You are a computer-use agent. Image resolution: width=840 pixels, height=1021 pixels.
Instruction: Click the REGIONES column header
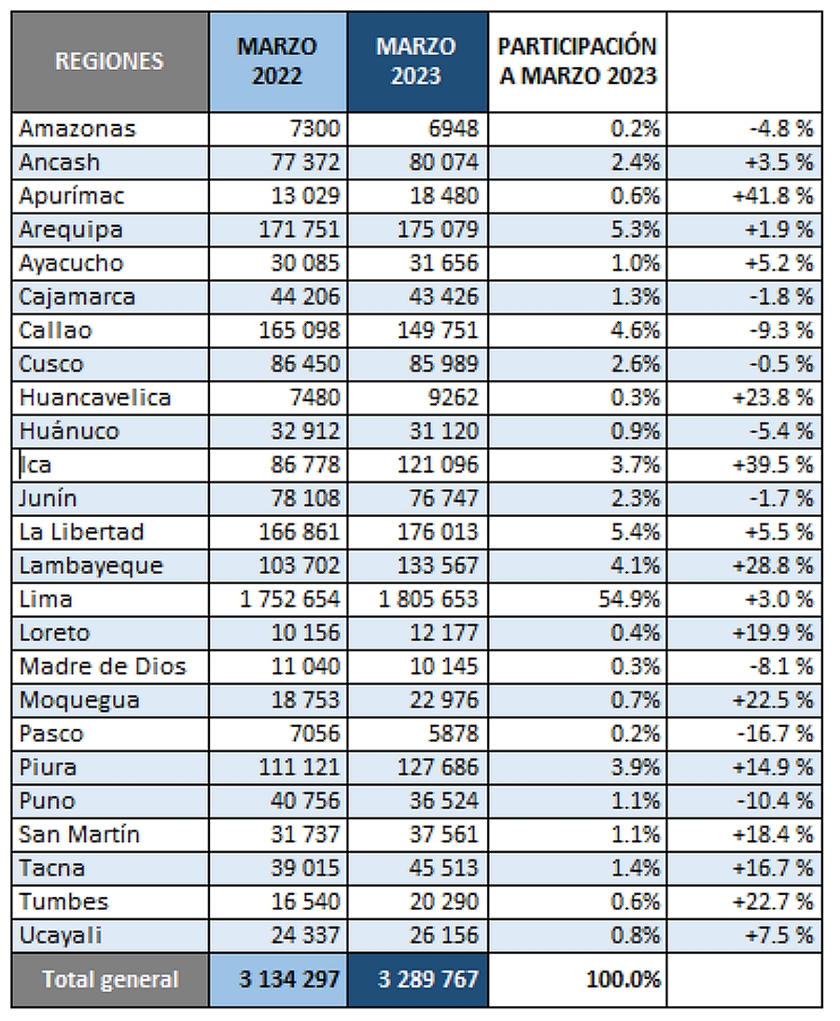tap(109, 62)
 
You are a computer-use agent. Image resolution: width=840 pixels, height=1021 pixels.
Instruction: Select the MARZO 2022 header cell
tap(277, 62)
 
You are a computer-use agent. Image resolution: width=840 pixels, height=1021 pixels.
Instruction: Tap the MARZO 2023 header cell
tap(417, 62)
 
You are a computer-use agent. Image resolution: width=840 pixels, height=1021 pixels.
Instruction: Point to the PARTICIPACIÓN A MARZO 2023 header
tap(578, 62)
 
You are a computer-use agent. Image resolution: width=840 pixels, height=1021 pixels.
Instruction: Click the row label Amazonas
tap(77, 129)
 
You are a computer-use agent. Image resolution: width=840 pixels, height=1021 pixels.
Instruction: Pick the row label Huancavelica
tap(95, 398)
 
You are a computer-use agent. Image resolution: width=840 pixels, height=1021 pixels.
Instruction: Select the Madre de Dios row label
tap(103, 666)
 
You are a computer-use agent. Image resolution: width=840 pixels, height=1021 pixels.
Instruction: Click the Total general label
tap(110, 980)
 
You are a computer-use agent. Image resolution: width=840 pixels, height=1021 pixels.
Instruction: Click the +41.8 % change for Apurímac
tap(773, 196)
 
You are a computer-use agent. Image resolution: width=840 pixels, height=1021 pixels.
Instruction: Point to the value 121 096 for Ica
tap(438, 465)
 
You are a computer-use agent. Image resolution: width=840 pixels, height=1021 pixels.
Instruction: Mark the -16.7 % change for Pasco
tap(775, 734)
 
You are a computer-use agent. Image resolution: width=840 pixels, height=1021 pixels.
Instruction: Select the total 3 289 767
tap(427, 979)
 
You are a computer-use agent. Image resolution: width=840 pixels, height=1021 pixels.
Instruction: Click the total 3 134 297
tap(289, 979)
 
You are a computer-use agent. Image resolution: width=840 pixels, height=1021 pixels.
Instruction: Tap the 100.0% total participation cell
tap(623, 979)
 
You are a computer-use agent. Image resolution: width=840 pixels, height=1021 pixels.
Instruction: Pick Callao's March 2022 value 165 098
tap(299, 330)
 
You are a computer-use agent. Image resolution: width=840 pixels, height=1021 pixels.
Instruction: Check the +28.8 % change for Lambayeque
tap(773, 566)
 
